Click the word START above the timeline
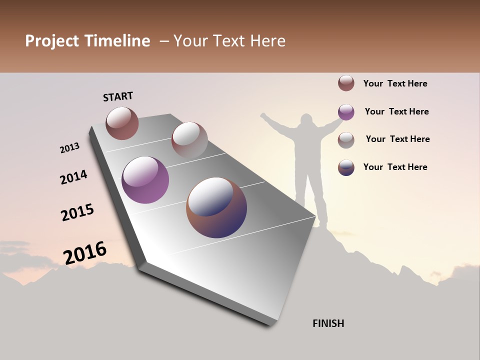118,96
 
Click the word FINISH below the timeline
328,323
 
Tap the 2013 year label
69,148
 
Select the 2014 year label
73,177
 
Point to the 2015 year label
77,212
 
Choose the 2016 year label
85,252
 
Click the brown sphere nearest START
122,123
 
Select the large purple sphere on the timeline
145,180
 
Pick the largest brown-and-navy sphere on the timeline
216,207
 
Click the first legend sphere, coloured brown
346,83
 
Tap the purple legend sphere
346,112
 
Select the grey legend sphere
346,140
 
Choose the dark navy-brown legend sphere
346,167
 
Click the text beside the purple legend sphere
396,111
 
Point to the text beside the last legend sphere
395,167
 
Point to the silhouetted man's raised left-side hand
263,116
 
